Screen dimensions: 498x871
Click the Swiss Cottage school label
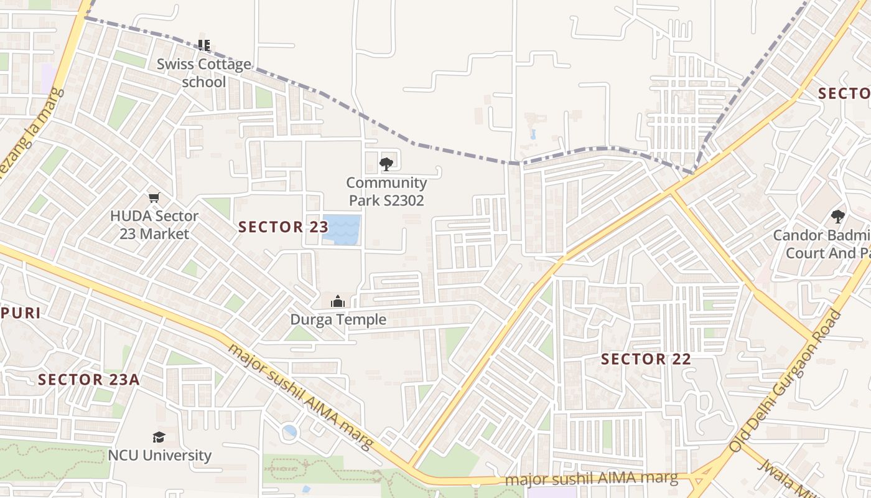pyautogui.click(x=203, y=73)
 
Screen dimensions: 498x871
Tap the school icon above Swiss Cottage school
pyautogui.click(x=203, y=45)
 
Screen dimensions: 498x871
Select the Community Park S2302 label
pyautogui.click(x=386, y=191)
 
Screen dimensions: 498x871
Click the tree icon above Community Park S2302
pyautogui.click(x=386, y=164)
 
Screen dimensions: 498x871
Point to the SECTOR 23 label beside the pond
pyautogui.click(x=283, y=227)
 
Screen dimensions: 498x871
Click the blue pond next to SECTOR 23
pyautogui.click(x=342, y=229)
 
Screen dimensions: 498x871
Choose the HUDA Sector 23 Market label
pyautogui.click(x=154, y=225)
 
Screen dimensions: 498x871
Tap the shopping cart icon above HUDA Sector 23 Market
pyautogui.click(x=154, y=198)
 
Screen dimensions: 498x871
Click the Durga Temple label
pyautogui.click(x=338, y=320)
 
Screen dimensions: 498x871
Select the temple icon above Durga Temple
pyautogui.click(x=338, y=302)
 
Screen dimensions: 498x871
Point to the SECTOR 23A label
pyautogui.click(x=88, y=379)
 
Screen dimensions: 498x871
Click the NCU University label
pyautogui.click(x=160, y=455)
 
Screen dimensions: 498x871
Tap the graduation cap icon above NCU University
pyautogui.click(x=159, y=437)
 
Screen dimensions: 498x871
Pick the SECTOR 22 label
pyautogui.click(x=646, y=359)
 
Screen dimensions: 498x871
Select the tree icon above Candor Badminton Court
pyautogui.click(x=838, y=217)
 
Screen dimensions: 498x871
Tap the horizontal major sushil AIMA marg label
pyautogui.click(x=591, y=479)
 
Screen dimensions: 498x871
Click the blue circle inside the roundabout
pyautogui.click(x=290, y=431)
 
